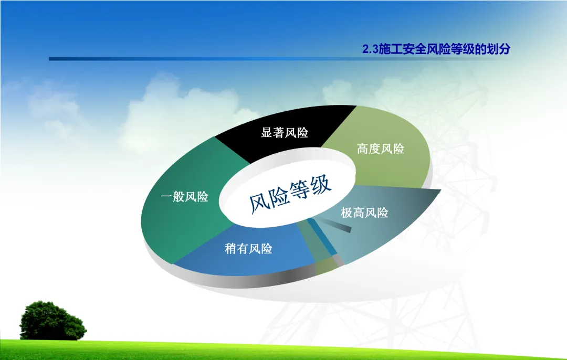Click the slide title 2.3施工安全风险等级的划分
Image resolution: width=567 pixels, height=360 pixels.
pyautogui.click(x=436, y=49)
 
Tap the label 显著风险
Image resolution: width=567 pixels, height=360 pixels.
pyautogui.click(x=285, y=133)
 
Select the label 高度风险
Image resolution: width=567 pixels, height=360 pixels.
pyautogui.click(x=381, y=149)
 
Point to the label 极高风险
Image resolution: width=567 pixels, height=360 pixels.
pyautogui.click(x=364, y=213)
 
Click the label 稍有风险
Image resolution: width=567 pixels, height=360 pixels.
pyautogui.click(x=248, y=249)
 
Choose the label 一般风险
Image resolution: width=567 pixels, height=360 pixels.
pyautogui.click(x=184, y=197)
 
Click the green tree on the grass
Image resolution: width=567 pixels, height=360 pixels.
pyautogui.click(x=53, y=321)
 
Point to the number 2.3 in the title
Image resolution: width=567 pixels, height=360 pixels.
pyautogui.click(x=370, y=49)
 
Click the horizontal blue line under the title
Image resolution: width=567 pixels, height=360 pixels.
pyautogui.click(x=232, y=59)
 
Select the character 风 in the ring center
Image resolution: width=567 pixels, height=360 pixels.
pyautogui.click(x=259, y=203)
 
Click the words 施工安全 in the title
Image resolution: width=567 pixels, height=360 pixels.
pyautogui.click(x=402, y=49)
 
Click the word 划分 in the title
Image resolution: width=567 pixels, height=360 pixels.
pyautogui.click(x=498, y=49)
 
